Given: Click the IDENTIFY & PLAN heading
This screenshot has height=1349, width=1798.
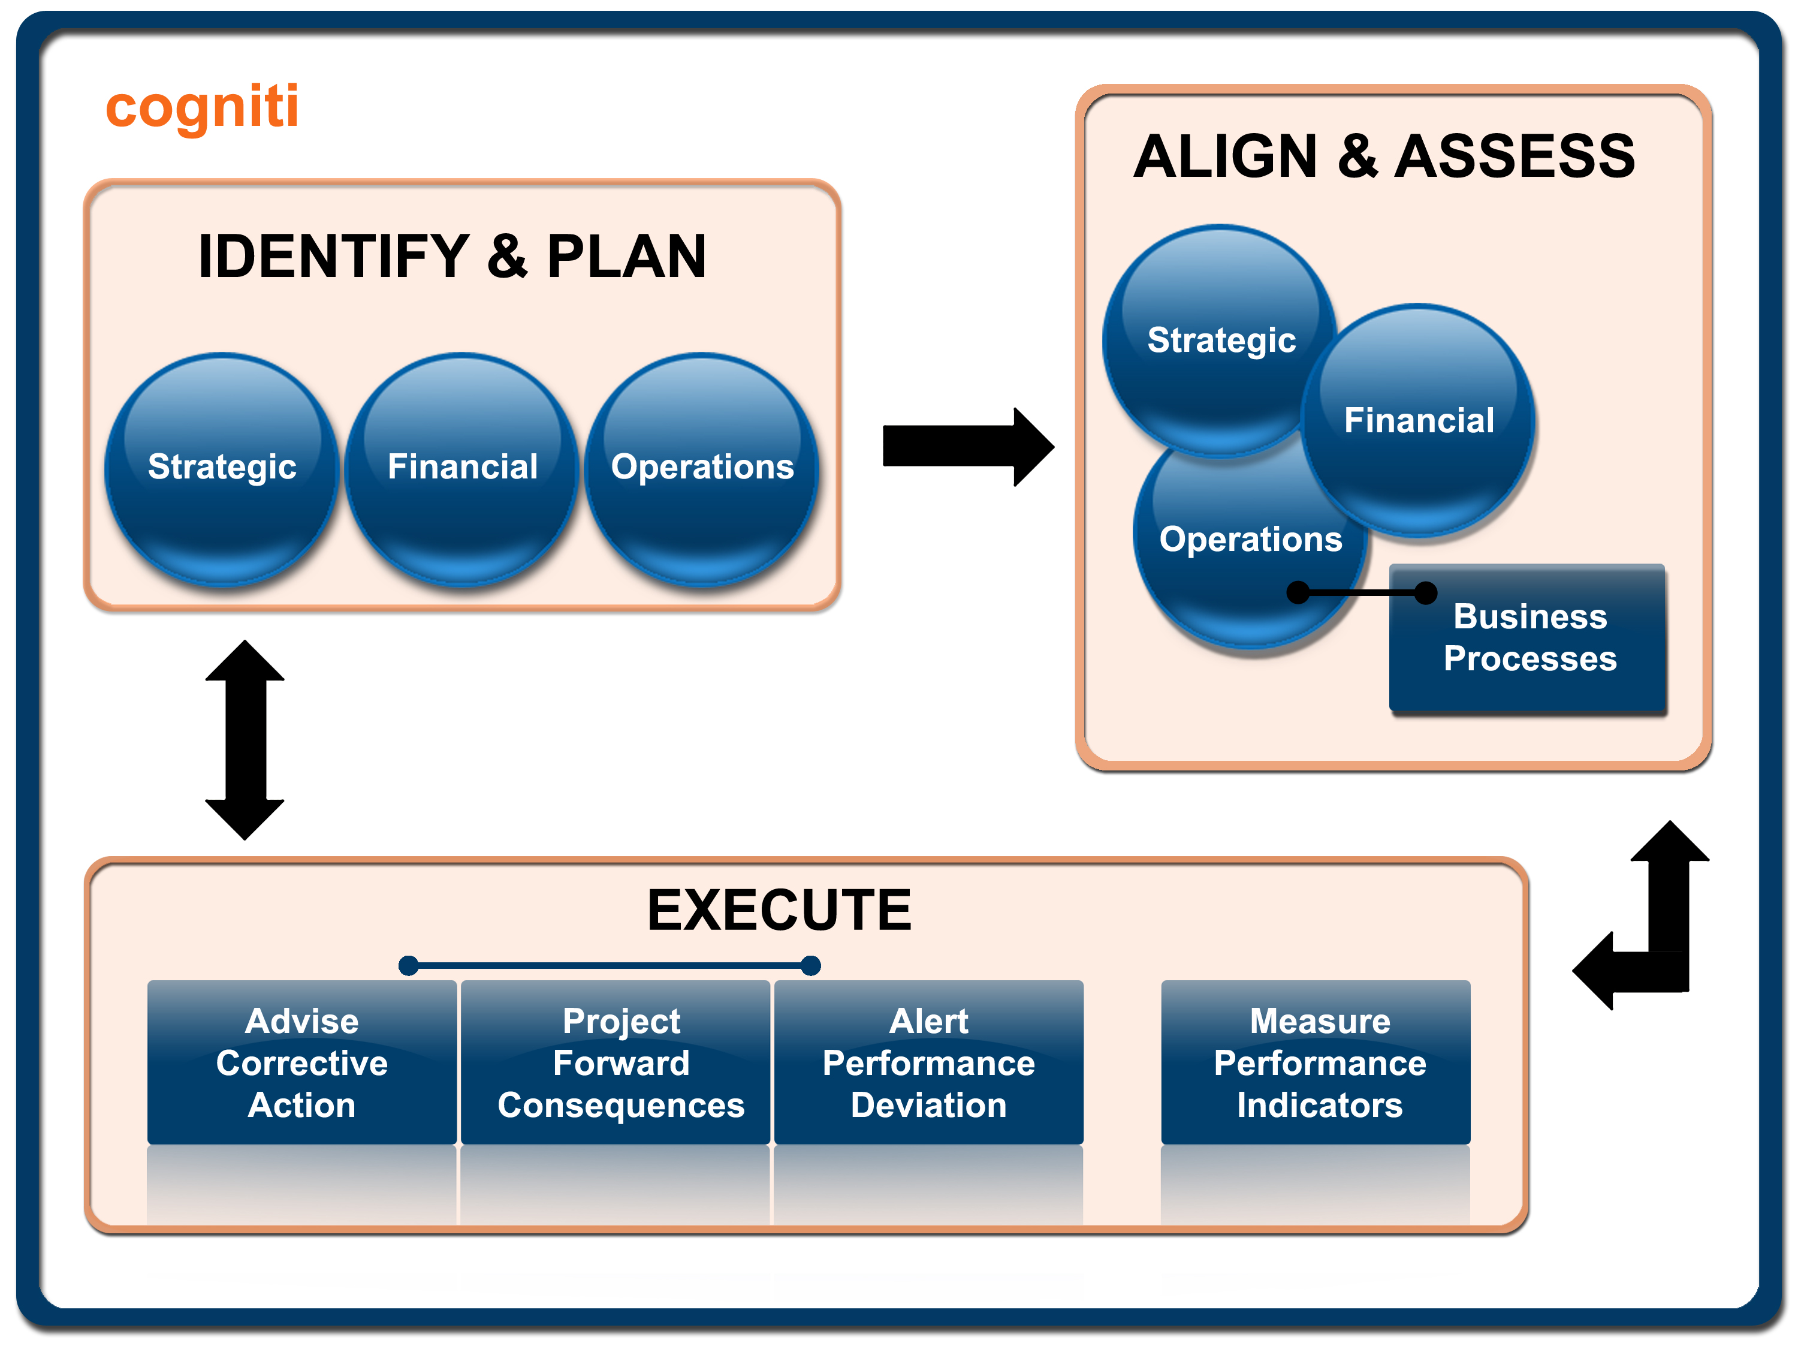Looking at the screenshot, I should coord(452,257).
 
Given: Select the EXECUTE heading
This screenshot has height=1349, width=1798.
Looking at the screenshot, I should coord(779,910).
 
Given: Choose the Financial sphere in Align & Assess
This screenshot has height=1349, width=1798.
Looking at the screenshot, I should coord(1419,420).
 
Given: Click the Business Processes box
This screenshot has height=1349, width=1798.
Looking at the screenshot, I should coord(1529,639).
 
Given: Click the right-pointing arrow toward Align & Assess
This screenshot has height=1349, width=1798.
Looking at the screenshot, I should coord(967,447).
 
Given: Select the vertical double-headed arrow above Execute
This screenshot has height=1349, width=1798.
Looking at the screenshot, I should coord(245,740).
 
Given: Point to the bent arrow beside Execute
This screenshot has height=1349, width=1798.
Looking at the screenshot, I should coord(1658,935).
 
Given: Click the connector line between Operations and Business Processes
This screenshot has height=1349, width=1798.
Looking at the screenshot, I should coord(1362,593).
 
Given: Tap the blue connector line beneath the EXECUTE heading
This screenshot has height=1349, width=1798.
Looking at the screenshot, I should coord(610,965).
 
